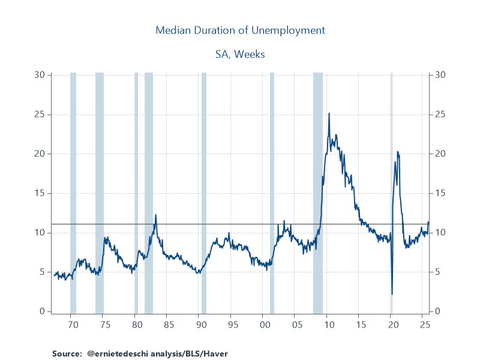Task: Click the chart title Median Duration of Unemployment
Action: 240,30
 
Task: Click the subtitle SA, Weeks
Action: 240,54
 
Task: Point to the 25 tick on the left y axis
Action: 40,114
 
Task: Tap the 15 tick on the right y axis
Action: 440,193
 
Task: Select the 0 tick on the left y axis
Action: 42,311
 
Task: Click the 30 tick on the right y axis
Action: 440,75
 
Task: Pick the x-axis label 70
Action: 73,325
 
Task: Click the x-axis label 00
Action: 265,325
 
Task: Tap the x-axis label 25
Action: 425,325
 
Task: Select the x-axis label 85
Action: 169,325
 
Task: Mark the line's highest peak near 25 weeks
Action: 329,113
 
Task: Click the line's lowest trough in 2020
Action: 392,294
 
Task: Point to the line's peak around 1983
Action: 155,215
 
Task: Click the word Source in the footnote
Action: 66,353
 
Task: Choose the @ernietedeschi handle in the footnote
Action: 117,353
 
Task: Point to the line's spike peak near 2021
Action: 397,152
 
